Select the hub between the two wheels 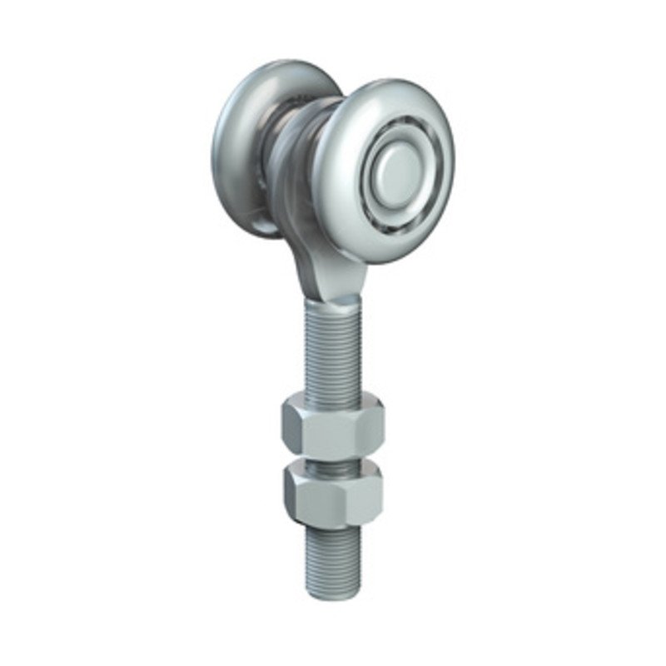point(291,158)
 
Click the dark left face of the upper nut point(294,430)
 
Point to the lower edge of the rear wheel point(250,229)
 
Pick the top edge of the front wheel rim point(391,83)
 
